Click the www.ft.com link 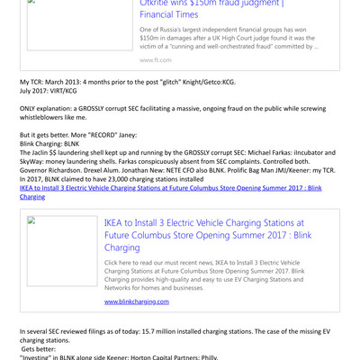152,59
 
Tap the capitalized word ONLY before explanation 31,108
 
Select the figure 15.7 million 160,332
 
